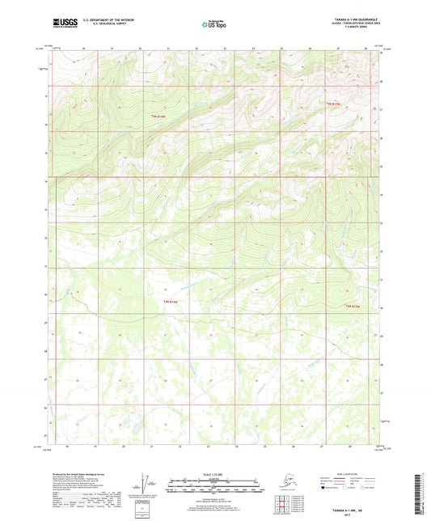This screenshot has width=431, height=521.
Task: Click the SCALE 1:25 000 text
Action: pyautogui.click(x=214, y=473)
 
